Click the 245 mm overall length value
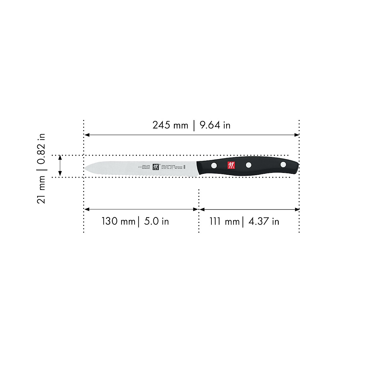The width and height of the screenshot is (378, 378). (x=170, y=125)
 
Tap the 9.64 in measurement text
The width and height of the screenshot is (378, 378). (x=215, y=125)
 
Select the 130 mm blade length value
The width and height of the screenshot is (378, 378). (x=118, y=221)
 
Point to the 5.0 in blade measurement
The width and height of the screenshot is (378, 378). (x=157, y=221)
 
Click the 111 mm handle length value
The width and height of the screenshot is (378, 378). (x=225, y=221)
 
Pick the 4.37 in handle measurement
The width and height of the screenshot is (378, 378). (x=264, y=221)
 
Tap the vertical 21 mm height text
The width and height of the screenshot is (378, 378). (x=41, y=190)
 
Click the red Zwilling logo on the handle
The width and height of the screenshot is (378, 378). (x=232, y=165)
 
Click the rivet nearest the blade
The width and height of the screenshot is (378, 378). (x=214, y=165)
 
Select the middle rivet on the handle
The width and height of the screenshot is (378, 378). (x=249, y=165)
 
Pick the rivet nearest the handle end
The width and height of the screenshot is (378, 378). (x=283, y=164)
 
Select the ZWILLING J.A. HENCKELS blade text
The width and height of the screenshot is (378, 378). (x=146, y=167)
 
